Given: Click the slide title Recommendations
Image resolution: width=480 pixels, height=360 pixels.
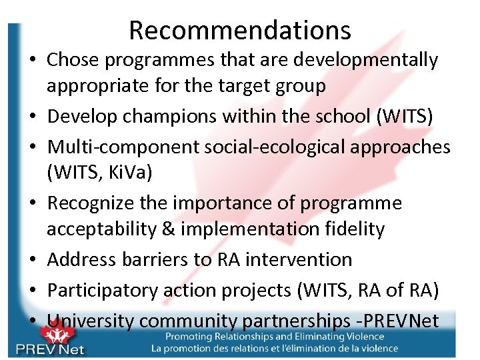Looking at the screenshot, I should point(240,30).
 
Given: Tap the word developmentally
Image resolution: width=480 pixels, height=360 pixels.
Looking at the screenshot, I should point(374,60).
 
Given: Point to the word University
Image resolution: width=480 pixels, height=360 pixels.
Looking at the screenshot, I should point(91,321).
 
